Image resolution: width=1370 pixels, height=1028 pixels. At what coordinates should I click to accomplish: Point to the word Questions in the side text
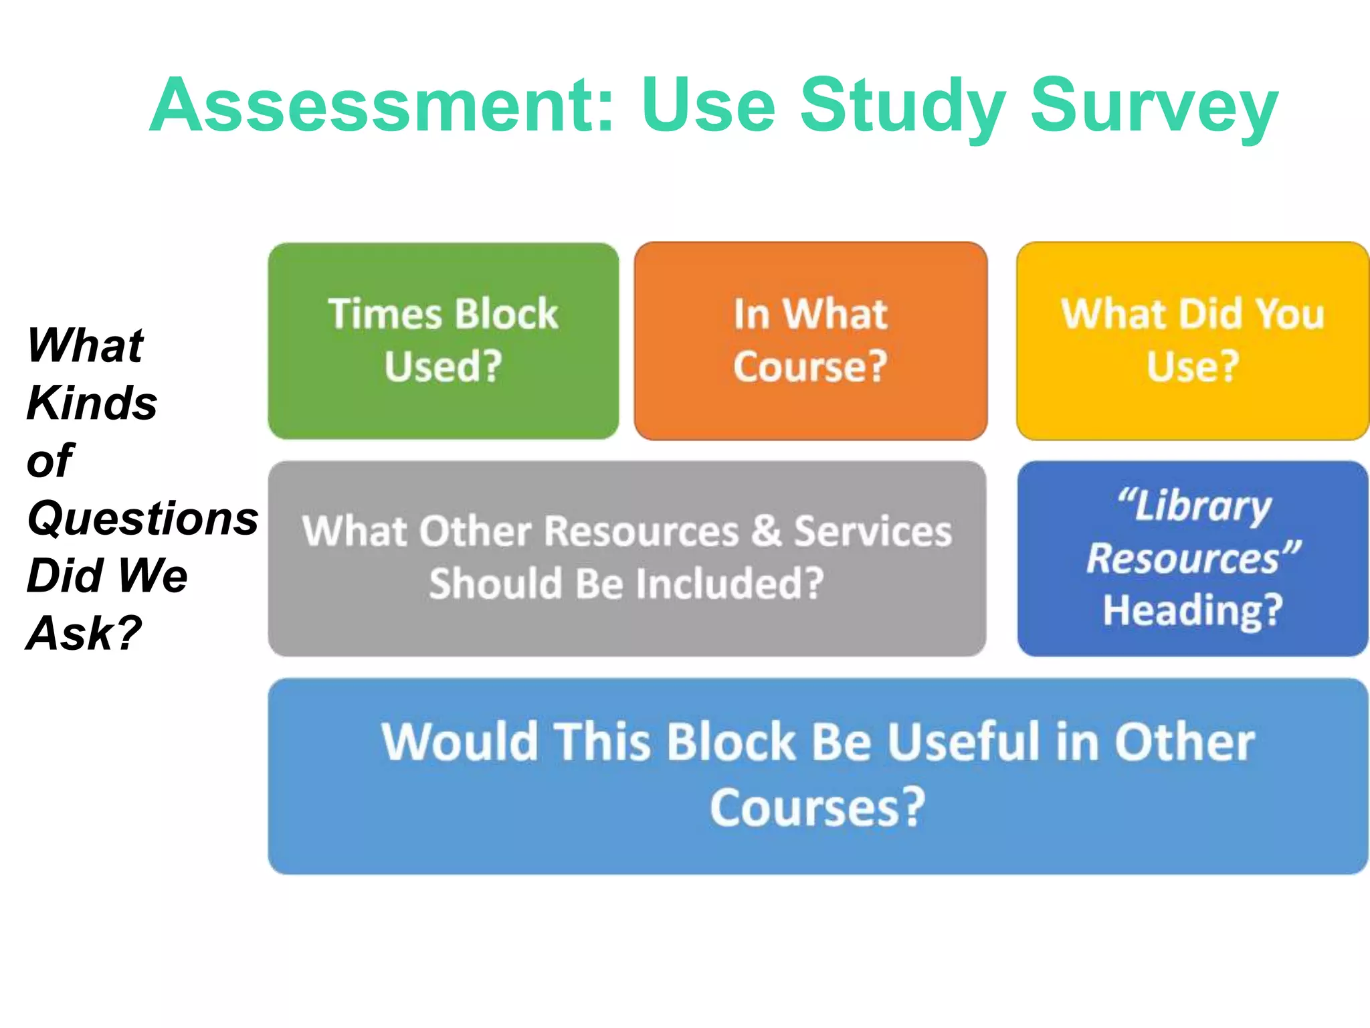pos(142,518)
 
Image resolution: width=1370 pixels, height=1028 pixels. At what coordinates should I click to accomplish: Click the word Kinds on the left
pos(92,403)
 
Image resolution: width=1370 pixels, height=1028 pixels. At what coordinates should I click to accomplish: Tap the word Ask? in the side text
pos(84,633)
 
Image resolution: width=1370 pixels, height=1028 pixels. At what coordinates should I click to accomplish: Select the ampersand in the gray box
pos(767,531)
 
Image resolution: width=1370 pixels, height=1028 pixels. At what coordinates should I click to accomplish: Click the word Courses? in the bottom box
pos(817,808)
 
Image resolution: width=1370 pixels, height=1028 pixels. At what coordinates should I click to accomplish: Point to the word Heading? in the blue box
pos(1193,610)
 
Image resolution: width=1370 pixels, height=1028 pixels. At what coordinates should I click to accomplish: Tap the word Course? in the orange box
pos(810,366)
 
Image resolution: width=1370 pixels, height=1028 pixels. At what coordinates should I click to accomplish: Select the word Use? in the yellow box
pos(1193,366)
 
